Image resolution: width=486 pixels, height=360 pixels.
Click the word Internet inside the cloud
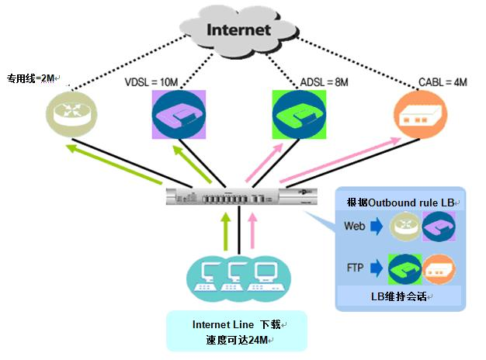click(238, 30)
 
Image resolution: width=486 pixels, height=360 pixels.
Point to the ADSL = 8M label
click(324, 82)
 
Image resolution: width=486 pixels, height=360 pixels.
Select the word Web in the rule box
click(354, 228)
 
